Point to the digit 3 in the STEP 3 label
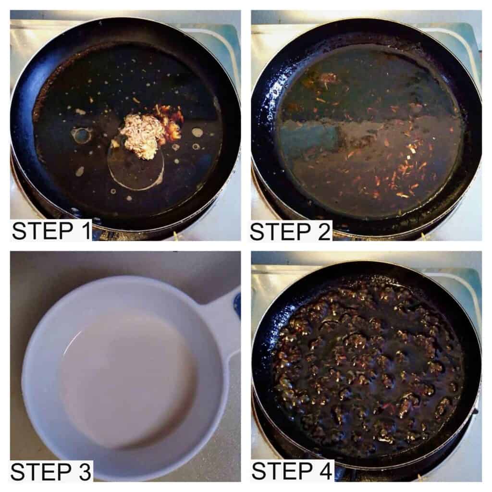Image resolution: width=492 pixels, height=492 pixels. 83,472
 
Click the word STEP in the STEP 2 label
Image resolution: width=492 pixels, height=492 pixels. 281,232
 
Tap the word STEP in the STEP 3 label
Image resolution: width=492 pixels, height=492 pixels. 41,472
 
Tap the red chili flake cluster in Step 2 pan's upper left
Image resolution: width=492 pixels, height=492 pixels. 326,80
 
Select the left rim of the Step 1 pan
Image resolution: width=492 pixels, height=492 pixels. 24,125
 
